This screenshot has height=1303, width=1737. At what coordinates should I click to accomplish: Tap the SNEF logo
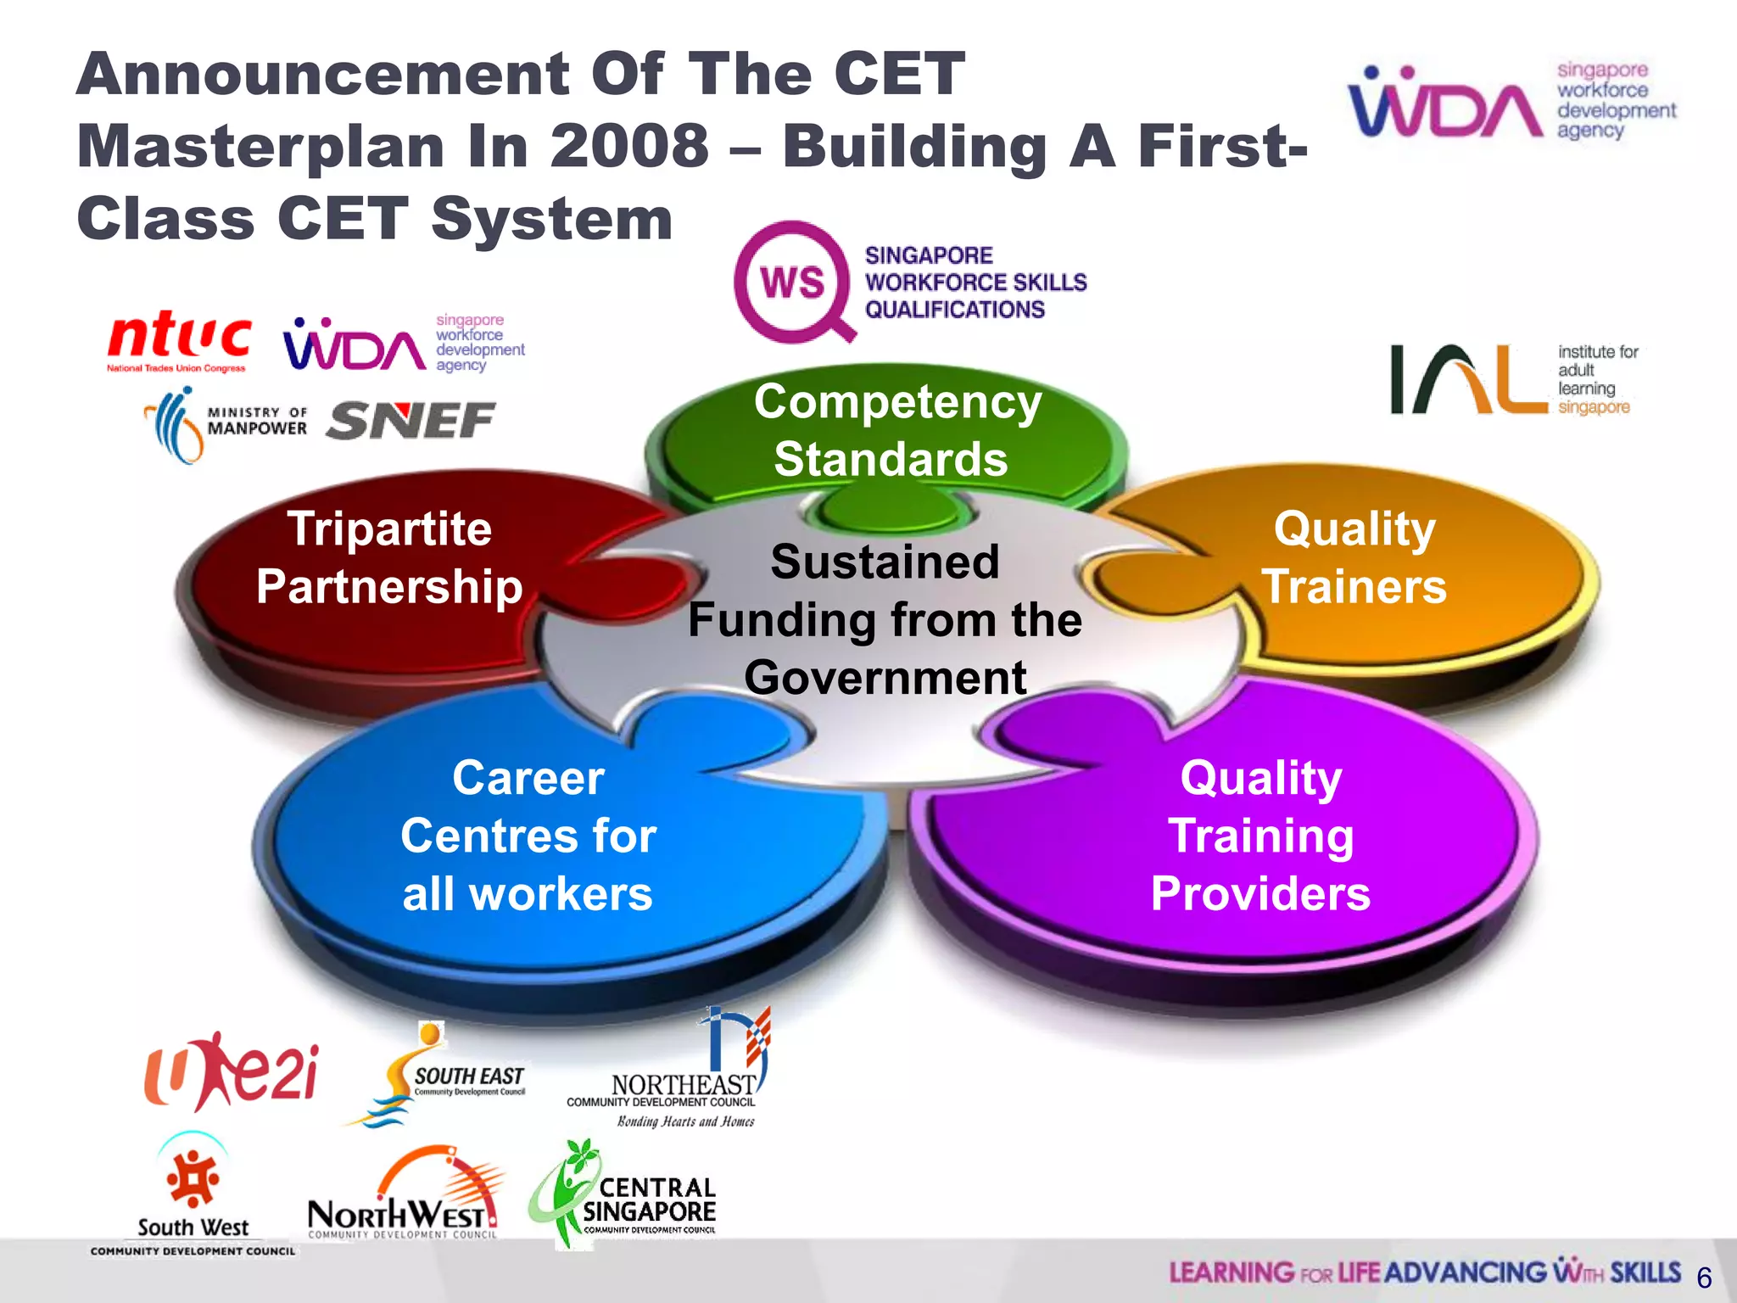click(411, 421)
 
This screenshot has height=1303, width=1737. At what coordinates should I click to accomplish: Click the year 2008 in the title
click(628, 147)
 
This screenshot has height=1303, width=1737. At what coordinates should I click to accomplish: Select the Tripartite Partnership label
click(389, 558)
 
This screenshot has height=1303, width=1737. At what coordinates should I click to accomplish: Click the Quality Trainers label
click(1354, 558)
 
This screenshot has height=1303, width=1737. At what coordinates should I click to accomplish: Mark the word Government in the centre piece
click(885, 678)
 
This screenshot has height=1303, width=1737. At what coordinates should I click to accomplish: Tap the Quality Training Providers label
click(1261, 836)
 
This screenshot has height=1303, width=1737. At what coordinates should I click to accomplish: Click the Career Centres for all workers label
click(528, 836)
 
